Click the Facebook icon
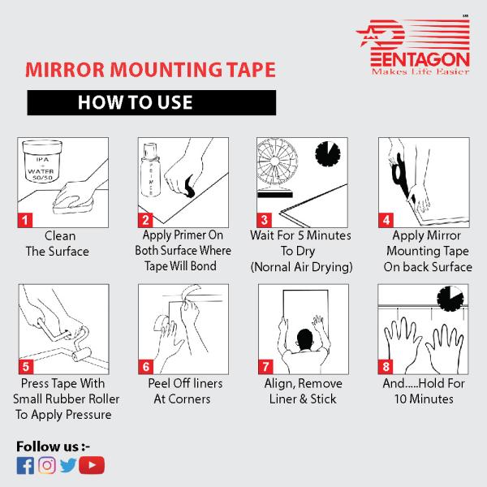pyautogui.click(x=25, y=465)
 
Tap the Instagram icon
pyautogui.click(x=47, y=465)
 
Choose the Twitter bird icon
pyautogui.click(x=68, y=465)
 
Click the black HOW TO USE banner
pyautogui.click(x=152, y=102)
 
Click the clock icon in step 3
pyautogui.click(x=326, y=156)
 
